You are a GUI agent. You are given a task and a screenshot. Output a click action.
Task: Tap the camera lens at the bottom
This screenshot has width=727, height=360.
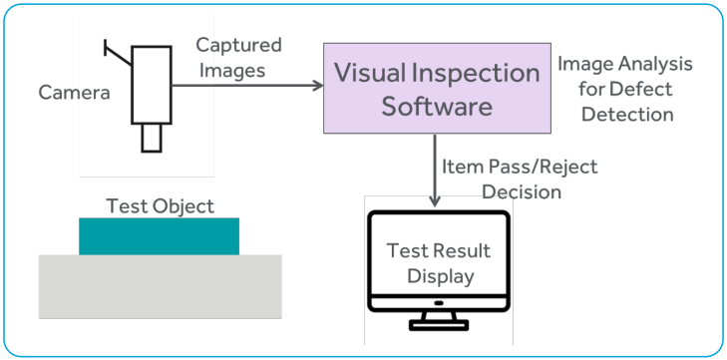151,137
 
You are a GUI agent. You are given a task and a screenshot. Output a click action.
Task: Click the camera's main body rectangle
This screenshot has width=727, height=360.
152,86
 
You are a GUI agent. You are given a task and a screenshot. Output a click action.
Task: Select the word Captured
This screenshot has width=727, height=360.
238,45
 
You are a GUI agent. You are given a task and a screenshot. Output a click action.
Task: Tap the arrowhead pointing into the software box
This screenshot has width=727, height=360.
318,86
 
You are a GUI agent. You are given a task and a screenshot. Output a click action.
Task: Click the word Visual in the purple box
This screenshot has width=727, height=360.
370,73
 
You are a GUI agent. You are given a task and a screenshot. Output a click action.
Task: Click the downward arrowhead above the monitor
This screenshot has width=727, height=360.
436,202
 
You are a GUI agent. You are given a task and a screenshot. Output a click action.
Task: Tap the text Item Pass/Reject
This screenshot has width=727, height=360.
518,167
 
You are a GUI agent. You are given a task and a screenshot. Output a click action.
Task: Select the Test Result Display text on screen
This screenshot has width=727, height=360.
438,263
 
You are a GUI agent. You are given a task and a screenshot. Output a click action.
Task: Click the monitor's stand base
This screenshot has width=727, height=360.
439,325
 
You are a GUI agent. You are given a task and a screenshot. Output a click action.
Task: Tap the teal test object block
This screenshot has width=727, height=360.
159,236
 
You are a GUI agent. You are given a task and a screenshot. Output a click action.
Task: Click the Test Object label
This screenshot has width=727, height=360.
160,206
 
